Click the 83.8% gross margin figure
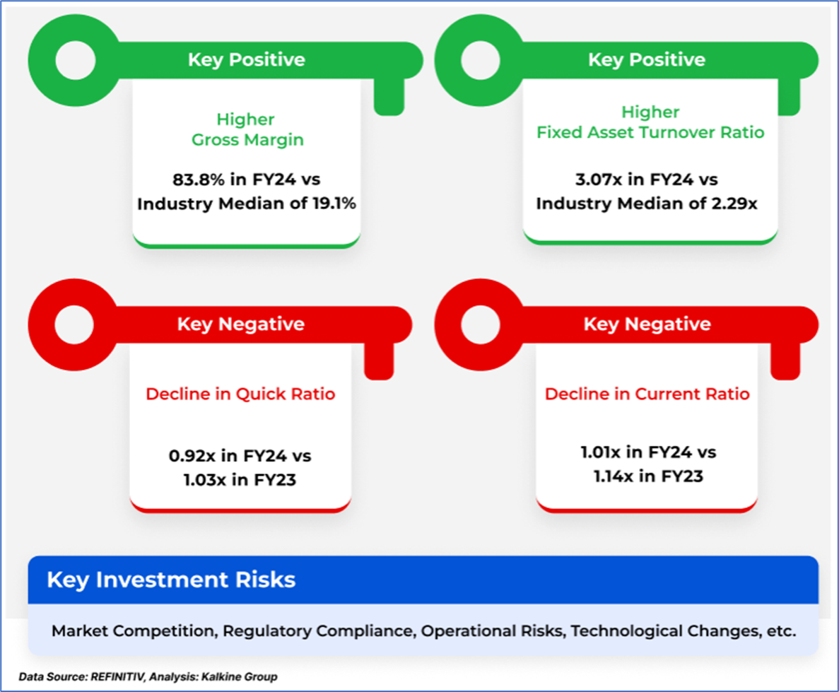click(x=199, y=180)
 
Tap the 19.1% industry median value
click(x=334, y=204)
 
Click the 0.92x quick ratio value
click(x=192, y=456)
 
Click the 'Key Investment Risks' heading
click(x=171, y=580)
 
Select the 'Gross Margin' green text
click(x=247, y=140)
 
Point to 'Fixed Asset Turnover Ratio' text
click(x=651, y=132)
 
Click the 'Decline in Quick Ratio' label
click(x=241, y=394)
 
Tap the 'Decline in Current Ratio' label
click(x=647, y=394)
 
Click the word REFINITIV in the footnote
click(x=118, y=677)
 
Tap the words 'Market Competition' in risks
click(x=133, y=631)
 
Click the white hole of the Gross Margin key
click(x=76, y=60)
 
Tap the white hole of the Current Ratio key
click(x=481, y=324)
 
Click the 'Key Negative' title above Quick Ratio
click(x=241, y=324)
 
